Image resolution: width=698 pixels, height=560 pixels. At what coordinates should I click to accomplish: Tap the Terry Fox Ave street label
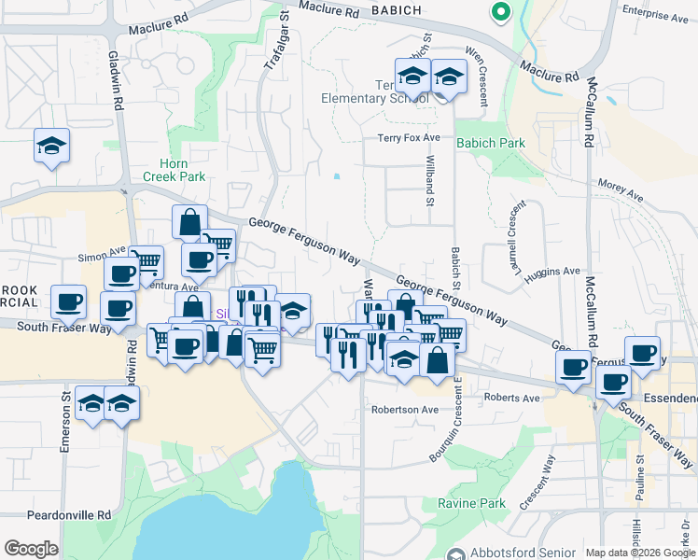[408, 138]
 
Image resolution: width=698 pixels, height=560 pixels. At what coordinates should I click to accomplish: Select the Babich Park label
[490, 143]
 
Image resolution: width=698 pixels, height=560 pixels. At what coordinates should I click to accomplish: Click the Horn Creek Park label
[174, 170]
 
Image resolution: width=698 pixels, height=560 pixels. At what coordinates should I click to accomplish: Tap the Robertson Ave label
[404, 409]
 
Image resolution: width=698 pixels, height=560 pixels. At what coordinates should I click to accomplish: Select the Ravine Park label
[471, 503]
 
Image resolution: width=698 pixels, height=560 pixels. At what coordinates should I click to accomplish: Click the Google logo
[31, 549]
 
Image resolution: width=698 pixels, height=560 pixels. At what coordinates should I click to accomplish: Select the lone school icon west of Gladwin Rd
[52, 147]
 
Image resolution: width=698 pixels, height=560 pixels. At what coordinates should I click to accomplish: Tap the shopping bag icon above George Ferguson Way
[189, 224]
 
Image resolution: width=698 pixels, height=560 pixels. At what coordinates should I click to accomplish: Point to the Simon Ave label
[102, 252]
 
